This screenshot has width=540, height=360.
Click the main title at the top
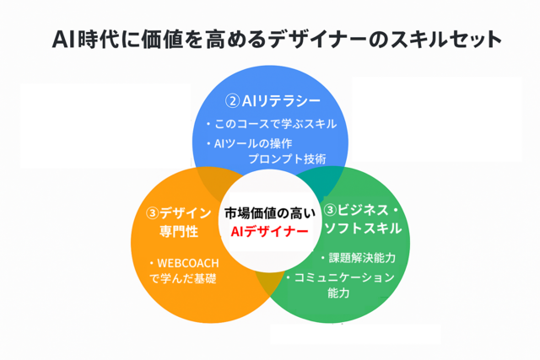(277, 39)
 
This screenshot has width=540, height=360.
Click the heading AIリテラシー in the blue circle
(281, 101)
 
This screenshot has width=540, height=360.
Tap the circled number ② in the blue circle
(233, 101)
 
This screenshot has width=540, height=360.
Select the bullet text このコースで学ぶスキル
(276, 124)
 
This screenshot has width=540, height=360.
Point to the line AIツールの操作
(253, 143)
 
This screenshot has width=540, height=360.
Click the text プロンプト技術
(287, 159)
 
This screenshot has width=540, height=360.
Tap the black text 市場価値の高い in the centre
(270, 213)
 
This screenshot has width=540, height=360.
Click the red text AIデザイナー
(269, 232)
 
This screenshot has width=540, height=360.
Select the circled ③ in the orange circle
(152, 213)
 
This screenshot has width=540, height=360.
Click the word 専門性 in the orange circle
(179, 231)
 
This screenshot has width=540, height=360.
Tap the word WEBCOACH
(188, 263)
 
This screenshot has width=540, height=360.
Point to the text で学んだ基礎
(183, 278)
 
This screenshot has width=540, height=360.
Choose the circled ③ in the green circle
(330, 210)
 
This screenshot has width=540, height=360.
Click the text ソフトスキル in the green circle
(364, 228)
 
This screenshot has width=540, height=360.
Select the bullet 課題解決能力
(362, 258)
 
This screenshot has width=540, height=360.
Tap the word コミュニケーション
(344, 277)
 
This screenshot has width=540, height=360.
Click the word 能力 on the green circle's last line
(338, 293)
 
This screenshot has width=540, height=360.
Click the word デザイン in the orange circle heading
(186, 213)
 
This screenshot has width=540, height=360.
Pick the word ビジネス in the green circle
(363, 210)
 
